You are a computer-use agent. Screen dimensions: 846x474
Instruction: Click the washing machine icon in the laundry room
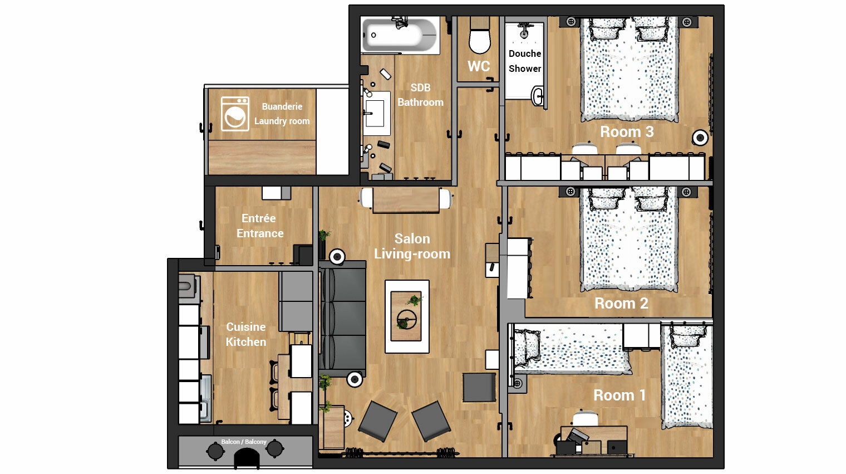point(235,114)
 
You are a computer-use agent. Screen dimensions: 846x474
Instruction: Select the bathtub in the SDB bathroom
point(400,35)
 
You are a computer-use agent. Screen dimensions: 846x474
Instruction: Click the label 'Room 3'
point(627,131)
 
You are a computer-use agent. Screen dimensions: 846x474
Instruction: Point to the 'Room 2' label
point(621,303)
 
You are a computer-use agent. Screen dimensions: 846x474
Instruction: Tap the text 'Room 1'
point(619,395)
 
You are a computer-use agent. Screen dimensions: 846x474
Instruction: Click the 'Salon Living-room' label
point(412,246)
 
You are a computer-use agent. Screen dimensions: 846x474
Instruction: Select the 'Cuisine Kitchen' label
point(246,334)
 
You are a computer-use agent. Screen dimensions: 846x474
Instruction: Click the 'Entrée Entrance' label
point(260,226)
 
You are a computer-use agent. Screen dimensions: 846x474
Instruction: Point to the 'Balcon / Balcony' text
point(244,442)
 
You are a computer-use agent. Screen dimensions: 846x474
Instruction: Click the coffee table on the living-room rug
point(406,316)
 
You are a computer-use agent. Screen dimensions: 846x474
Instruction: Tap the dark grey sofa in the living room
point(342,319)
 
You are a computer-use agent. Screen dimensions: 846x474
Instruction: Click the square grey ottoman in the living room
point(479,388)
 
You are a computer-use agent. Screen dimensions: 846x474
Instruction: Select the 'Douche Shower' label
point(525,61)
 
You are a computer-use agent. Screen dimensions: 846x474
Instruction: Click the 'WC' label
point(479,66)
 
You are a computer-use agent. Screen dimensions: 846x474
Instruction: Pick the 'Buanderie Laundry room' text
point(282,114)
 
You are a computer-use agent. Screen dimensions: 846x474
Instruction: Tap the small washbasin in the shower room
point(538,95)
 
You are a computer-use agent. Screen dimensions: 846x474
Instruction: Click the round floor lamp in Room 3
point(700,138)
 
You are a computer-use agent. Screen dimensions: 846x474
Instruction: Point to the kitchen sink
point(205,398)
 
